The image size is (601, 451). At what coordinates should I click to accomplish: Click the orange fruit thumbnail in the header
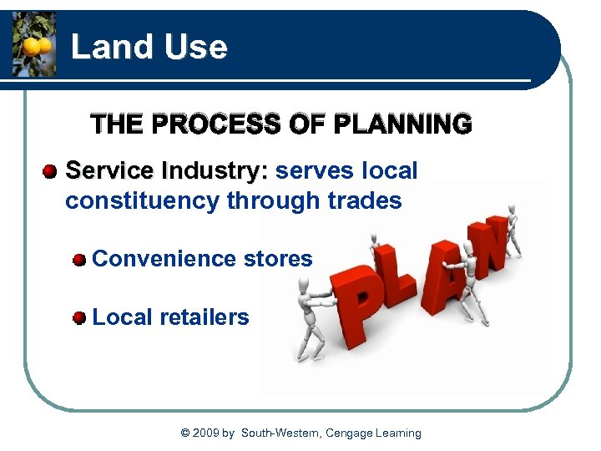click(33, 43)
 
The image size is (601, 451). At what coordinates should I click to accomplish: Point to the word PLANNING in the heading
click(402, 124)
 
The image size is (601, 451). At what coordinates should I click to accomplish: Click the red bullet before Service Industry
click(51, 172)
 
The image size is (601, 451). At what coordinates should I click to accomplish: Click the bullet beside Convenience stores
click(79, 260)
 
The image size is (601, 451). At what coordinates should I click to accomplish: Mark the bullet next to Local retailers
click(79, 318)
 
